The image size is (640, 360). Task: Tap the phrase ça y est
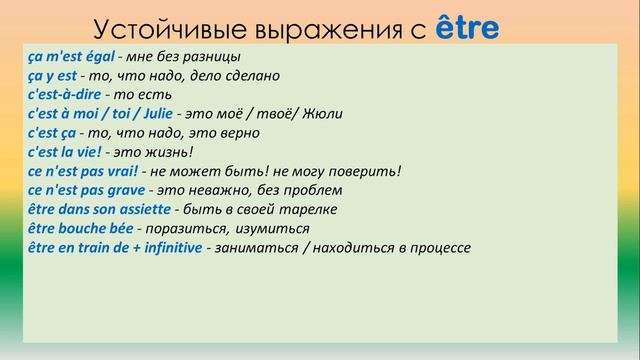coord(51,75)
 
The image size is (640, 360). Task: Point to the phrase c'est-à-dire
coord(65,95)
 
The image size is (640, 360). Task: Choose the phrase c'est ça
coord(51,133)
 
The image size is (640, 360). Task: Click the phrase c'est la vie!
coord(65,152)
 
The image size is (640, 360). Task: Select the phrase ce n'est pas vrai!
coord(81,171)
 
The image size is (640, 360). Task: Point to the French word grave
coord(124,190)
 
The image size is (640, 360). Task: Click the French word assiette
coord(144,209)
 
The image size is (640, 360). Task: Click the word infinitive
coord(166,247)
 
